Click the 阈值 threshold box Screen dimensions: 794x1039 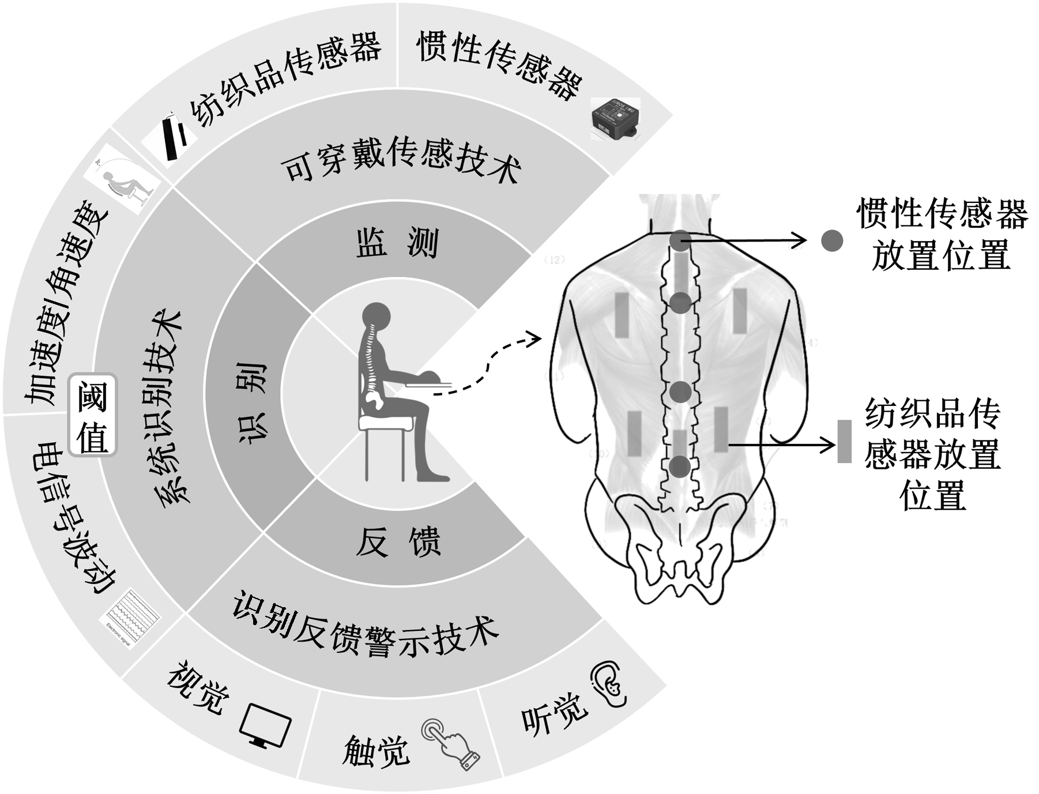click(93, 415)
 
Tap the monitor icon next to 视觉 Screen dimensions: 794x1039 click(265, 726)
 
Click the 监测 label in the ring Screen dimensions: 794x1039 click(397, 243)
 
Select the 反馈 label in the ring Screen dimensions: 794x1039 click(397, 542)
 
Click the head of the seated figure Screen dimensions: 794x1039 click(377, 316)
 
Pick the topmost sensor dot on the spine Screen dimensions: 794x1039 click(680, 240)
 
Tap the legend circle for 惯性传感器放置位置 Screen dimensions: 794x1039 click(831, 240)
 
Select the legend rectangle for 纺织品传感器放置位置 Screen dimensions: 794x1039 click(844, 441)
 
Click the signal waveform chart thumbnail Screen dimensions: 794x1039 click(133, 616)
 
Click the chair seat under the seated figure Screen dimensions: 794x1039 click(386, 424)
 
